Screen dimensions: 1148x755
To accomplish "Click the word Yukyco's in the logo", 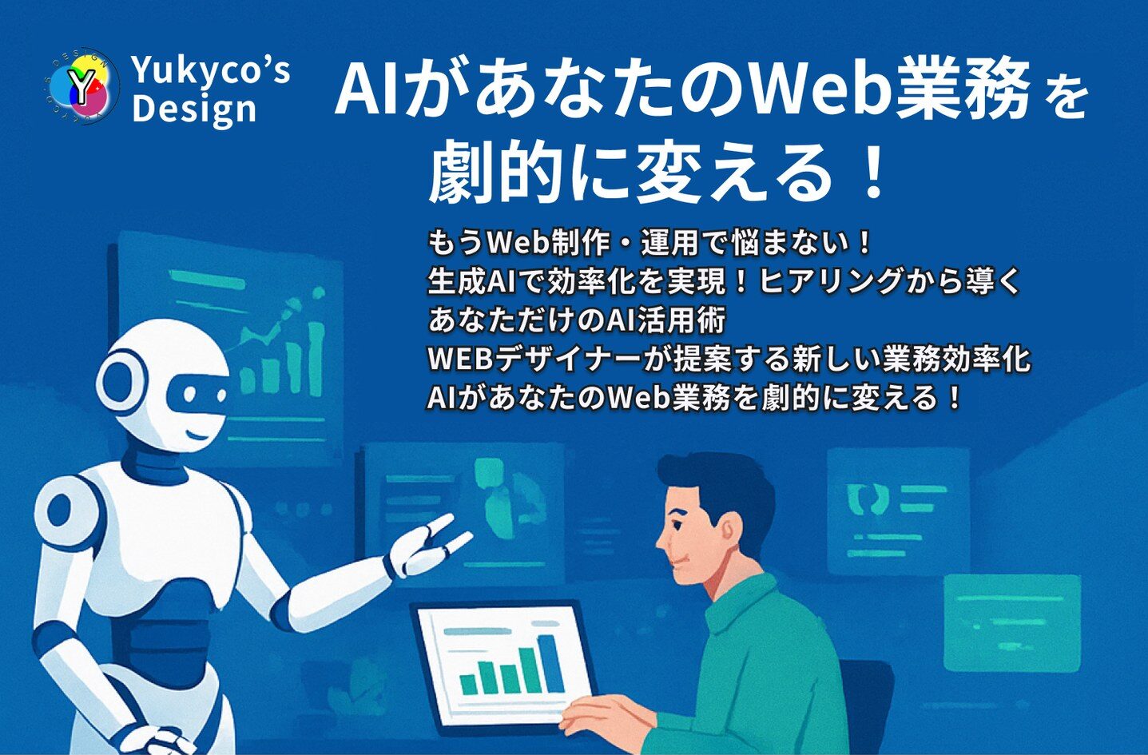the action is coord(211,70).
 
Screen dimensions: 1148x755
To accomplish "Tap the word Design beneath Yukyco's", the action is coord(193,109).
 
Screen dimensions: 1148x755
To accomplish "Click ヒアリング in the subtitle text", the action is coord(827,281).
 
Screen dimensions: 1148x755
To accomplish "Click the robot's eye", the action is coord(191,394).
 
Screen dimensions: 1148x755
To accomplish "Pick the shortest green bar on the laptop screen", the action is coord(468,684).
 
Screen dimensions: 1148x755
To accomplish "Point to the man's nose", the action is coord(662,540).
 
